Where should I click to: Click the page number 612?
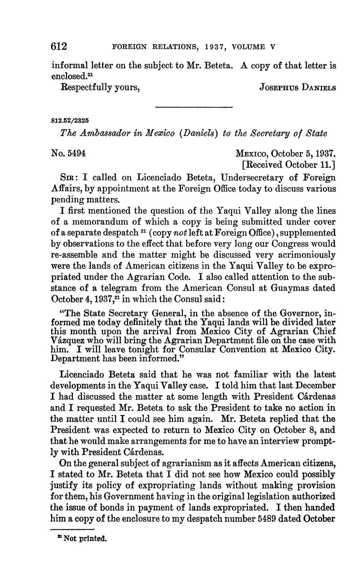60,47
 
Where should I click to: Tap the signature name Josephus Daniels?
297,88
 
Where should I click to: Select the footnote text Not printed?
85,539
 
